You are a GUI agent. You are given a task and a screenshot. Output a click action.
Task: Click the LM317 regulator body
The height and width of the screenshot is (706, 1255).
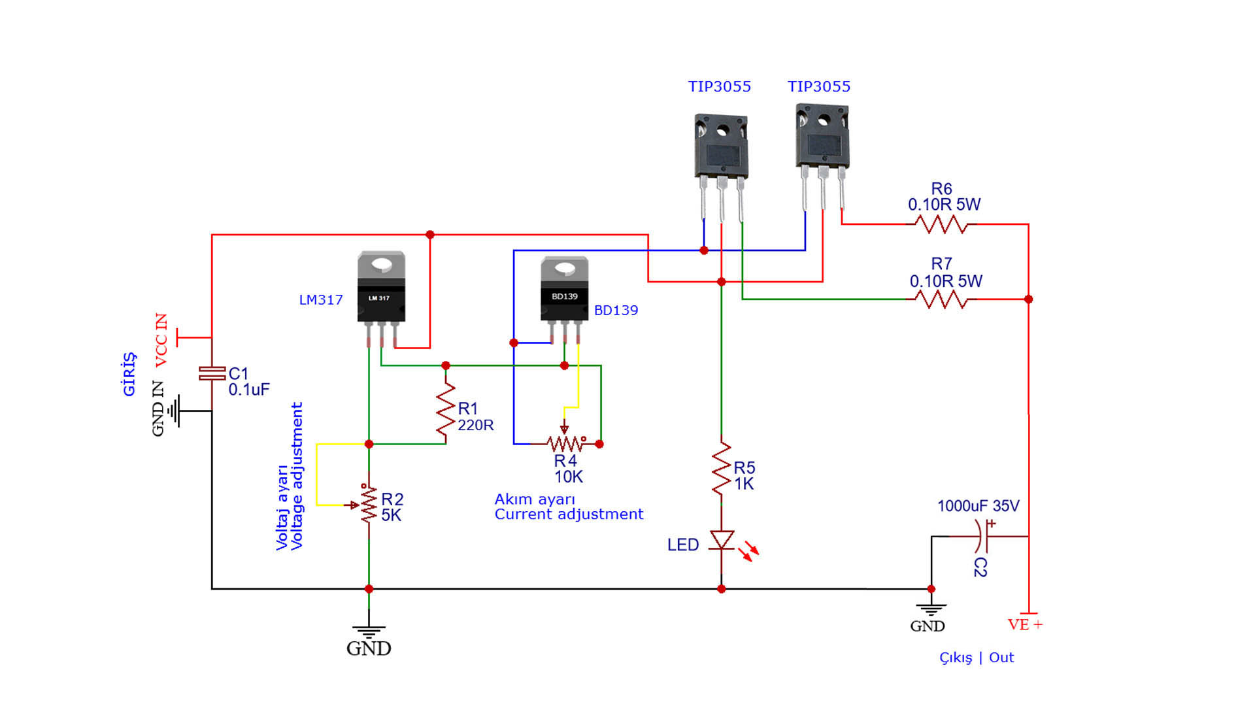(x=381, y=298)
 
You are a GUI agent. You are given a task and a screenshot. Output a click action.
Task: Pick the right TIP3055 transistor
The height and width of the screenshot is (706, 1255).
(x=822, y=157)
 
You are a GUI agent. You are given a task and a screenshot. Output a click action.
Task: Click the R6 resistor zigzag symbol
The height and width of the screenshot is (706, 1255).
(x=941, y=225)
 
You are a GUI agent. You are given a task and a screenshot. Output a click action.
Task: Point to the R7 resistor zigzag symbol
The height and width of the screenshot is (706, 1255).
(x=941, y=299)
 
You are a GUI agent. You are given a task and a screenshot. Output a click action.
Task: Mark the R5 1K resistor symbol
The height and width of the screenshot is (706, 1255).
(x=722, y=468)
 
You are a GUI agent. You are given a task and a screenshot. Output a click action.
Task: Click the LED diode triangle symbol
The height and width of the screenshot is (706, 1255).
(x=722, y=540)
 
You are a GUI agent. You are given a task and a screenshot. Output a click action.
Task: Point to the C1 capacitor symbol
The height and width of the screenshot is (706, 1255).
(x=212, y=373)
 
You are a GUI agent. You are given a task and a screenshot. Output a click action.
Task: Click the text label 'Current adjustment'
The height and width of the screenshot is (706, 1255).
(x=569, y=514)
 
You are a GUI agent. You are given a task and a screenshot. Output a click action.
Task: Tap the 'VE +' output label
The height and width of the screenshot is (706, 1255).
(x=1025, y=625)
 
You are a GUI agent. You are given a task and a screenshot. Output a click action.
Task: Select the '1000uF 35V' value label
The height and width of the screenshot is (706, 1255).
(x=978, y=506)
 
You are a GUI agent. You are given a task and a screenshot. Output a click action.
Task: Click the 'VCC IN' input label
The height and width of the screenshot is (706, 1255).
(x=161, y=340)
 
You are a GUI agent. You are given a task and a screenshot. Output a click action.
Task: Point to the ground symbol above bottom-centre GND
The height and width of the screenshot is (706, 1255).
(x=369, y=631)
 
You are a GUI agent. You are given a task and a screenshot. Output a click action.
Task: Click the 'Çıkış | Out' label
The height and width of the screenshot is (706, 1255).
(x=977, y=658)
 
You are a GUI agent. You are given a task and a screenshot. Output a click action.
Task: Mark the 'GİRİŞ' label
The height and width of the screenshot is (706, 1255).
(x=129, y=374)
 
